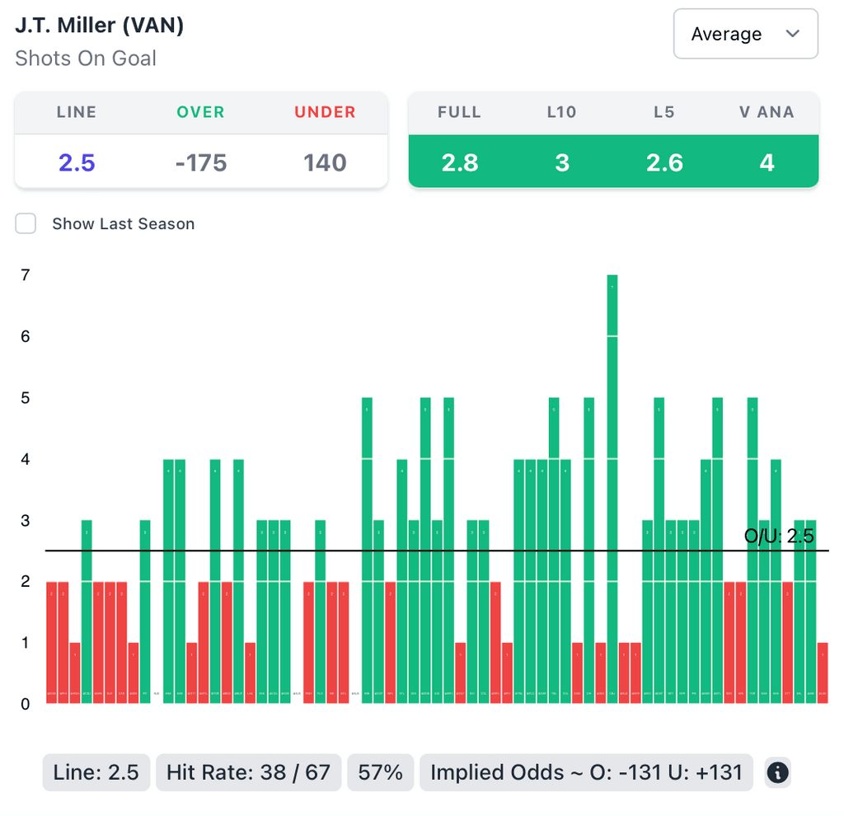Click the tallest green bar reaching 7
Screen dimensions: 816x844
tap(612, 486)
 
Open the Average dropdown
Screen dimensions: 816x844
tap(745, 34)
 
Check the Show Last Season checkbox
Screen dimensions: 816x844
tap(26, 223)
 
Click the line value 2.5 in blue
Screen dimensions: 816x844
tap(77, 162)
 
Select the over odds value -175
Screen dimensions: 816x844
tap(200, 162)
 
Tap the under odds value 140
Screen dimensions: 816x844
tap(325, 162)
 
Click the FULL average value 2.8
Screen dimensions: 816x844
tap(459, 162)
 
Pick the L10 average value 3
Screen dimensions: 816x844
tap(562, 162)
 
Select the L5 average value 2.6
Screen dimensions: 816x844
tap(664, 162)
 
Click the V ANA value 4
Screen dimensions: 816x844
tap(767, 162)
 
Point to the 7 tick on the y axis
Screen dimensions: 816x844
tap(25, 275)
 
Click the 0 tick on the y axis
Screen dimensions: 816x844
tap(25, 704)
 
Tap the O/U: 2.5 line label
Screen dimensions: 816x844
tap(779, 537)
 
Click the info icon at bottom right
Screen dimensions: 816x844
tap(777, 772)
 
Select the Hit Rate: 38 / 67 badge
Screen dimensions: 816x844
tap(248, 772)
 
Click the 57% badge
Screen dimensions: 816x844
tap(381, 772)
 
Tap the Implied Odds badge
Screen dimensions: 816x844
tap(586, 772)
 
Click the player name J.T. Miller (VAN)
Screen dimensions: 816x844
tap(99, 26)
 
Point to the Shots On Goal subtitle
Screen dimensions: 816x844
tap(86, 59)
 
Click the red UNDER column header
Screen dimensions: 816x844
tap(325, 112)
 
